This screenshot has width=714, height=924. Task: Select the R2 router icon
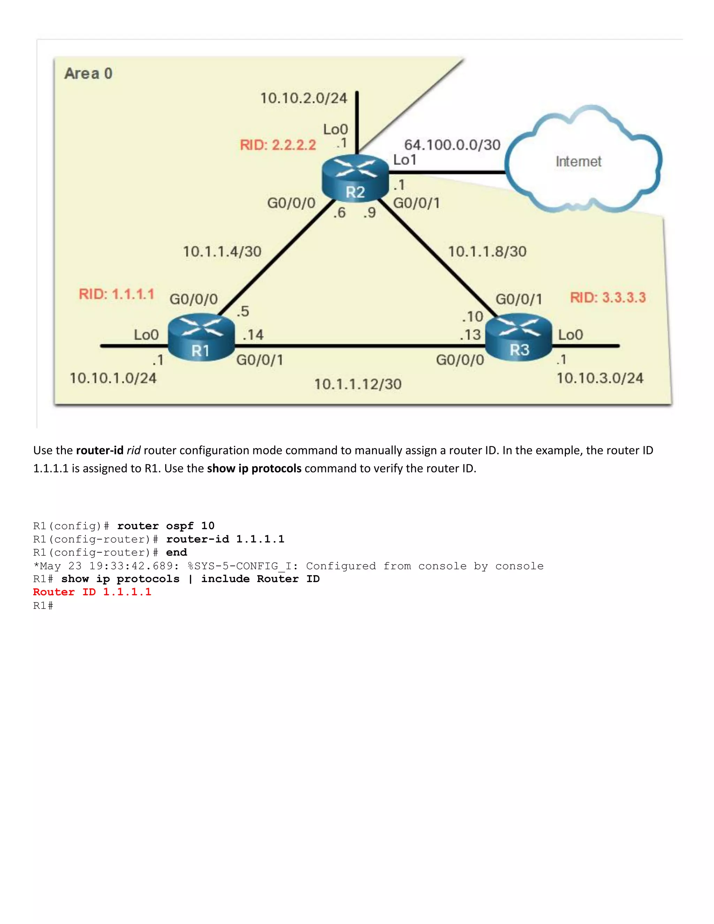[355, 178]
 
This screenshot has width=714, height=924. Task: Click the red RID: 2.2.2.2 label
[278, 145]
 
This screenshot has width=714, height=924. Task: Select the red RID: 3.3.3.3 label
[608, 297]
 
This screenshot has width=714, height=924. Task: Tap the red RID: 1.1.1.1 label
[116, 294]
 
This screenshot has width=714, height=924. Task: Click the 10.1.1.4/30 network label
[222, 252]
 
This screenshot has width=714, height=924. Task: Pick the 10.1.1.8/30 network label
[487, 252]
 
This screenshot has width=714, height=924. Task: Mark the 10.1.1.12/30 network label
[358, 384]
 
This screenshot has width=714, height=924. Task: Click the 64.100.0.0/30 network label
[452, 145]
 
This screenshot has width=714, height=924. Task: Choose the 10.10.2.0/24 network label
[303, 98]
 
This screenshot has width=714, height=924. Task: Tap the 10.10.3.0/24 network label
[600, 378]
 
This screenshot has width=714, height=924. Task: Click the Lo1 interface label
[405, 160]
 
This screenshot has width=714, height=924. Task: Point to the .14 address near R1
[253, 335]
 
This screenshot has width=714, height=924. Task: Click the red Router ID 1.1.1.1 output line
[92, 592]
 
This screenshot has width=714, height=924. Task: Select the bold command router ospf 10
[166, 526]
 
